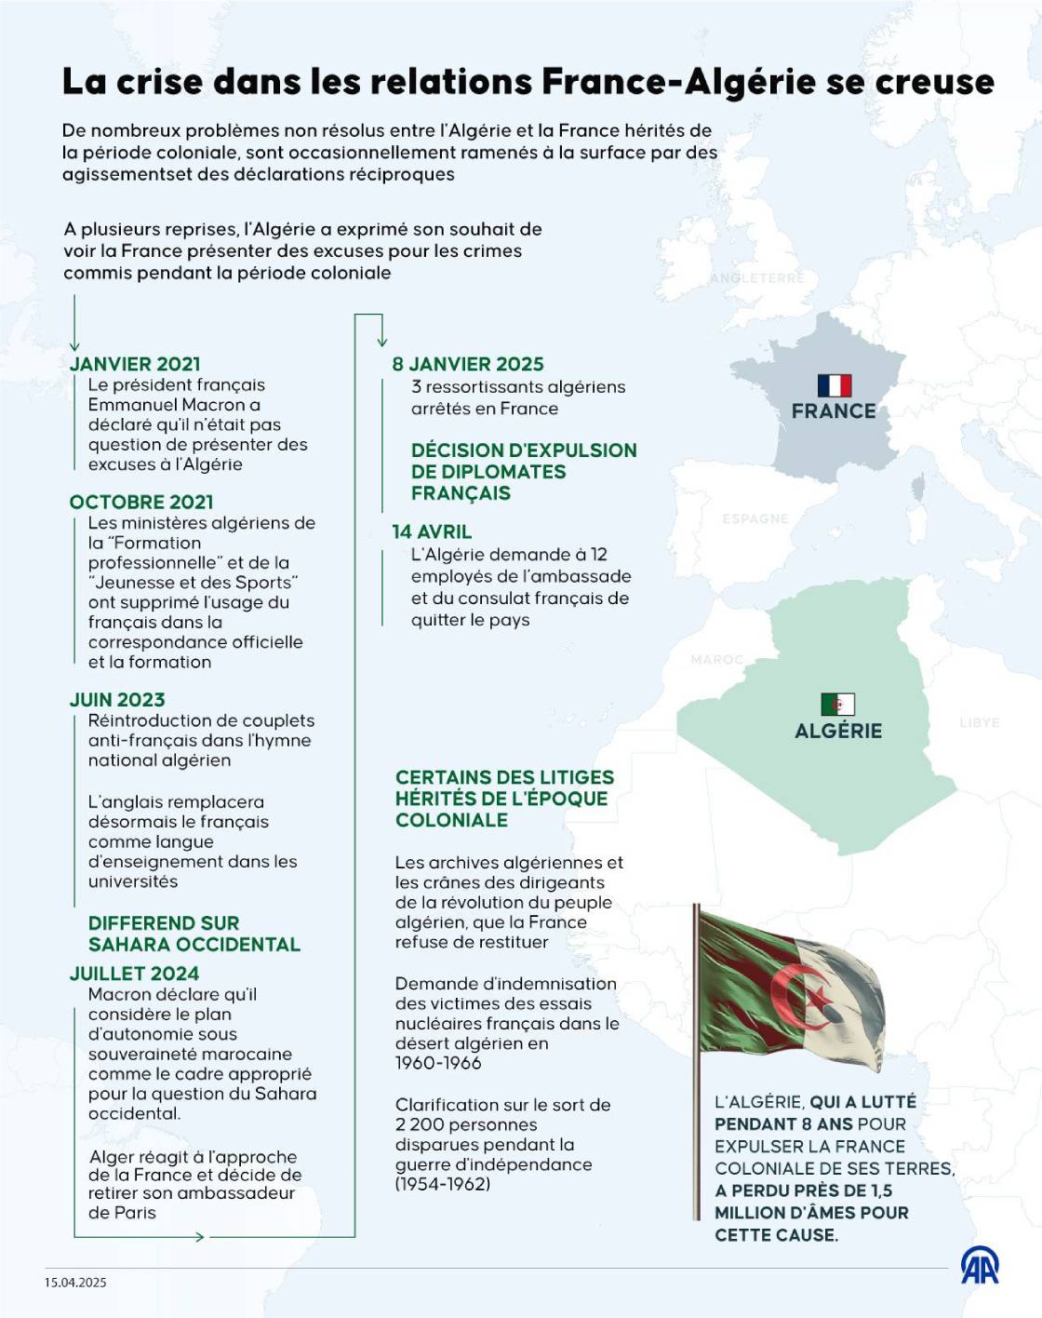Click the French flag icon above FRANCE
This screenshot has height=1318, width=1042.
(835, 385)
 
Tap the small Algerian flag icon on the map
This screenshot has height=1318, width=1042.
(837, 704)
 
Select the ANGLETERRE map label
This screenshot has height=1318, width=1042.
(756, 278)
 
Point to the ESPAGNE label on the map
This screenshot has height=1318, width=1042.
(755, 518)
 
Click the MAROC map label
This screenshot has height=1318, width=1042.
(716, 660)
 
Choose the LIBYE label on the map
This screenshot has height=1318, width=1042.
(979, 722)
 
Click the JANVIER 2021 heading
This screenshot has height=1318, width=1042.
(135, 364)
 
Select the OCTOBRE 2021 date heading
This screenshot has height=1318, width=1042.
(141, 502)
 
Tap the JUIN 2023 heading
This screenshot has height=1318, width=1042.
(117, 699)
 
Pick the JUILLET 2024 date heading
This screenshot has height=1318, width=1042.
(134, 974)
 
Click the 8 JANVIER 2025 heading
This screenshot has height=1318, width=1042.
(468, 364)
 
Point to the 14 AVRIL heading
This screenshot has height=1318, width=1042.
(432, 531)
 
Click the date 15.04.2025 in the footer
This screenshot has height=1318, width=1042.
(75, 1283)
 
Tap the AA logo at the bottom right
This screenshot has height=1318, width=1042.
(980, 1266)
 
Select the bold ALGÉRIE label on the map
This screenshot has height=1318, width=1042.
(838, 731)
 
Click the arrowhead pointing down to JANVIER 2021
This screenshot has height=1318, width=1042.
(74, 347)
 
